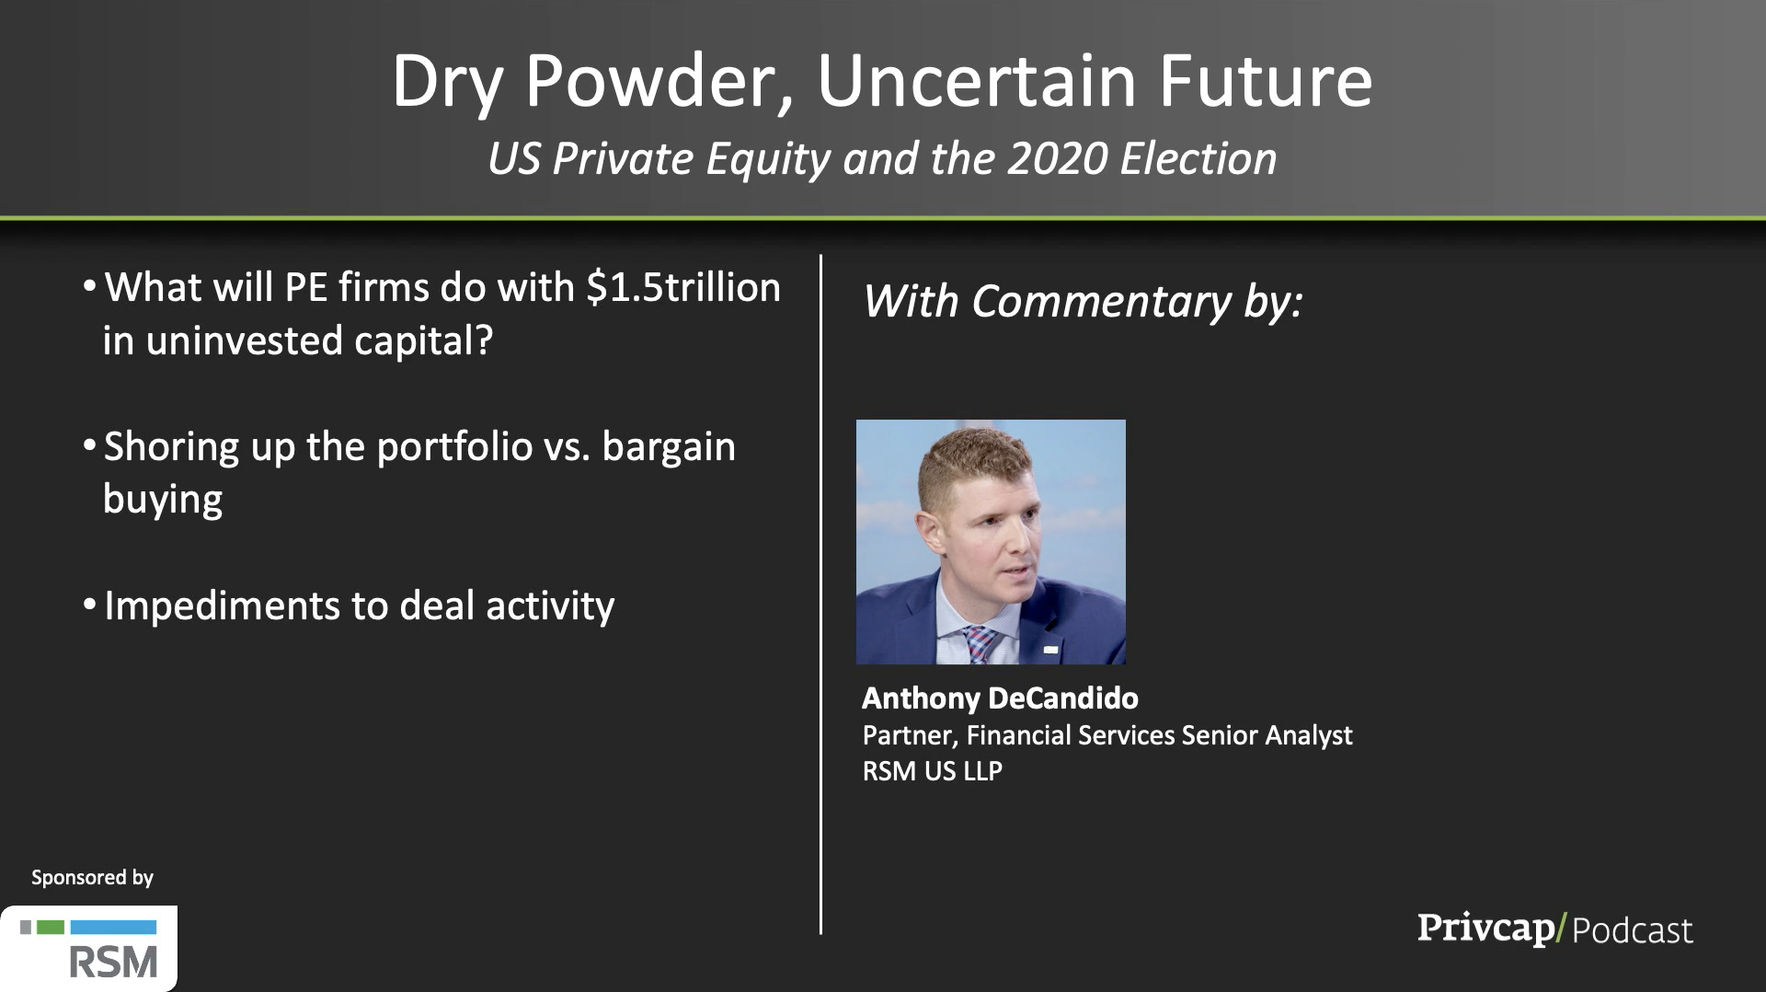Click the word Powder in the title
click(x=659, y=81)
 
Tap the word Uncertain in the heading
click(x=978, y=81)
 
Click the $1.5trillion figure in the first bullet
click(x=683, y=287)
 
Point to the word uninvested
click(x=244, y=340)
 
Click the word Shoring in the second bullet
click(x=171, y=448)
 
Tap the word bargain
click(x=669, y=448)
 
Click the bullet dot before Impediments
click(x=89, y=606)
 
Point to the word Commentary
click(x=1101, y=302)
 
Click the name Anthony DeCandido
click(x=1000, y=698)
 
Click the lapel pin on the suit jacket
click(x=1050, y=650)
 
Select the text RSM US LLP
click(x=932, y=771)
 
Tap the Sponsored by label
click(x=92, y=878)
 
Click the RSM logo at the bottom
click(x=88, y=949)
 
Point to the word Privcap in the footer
click(x=1485, y=928)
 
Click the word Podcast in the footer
click(x=1633, y=930)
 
